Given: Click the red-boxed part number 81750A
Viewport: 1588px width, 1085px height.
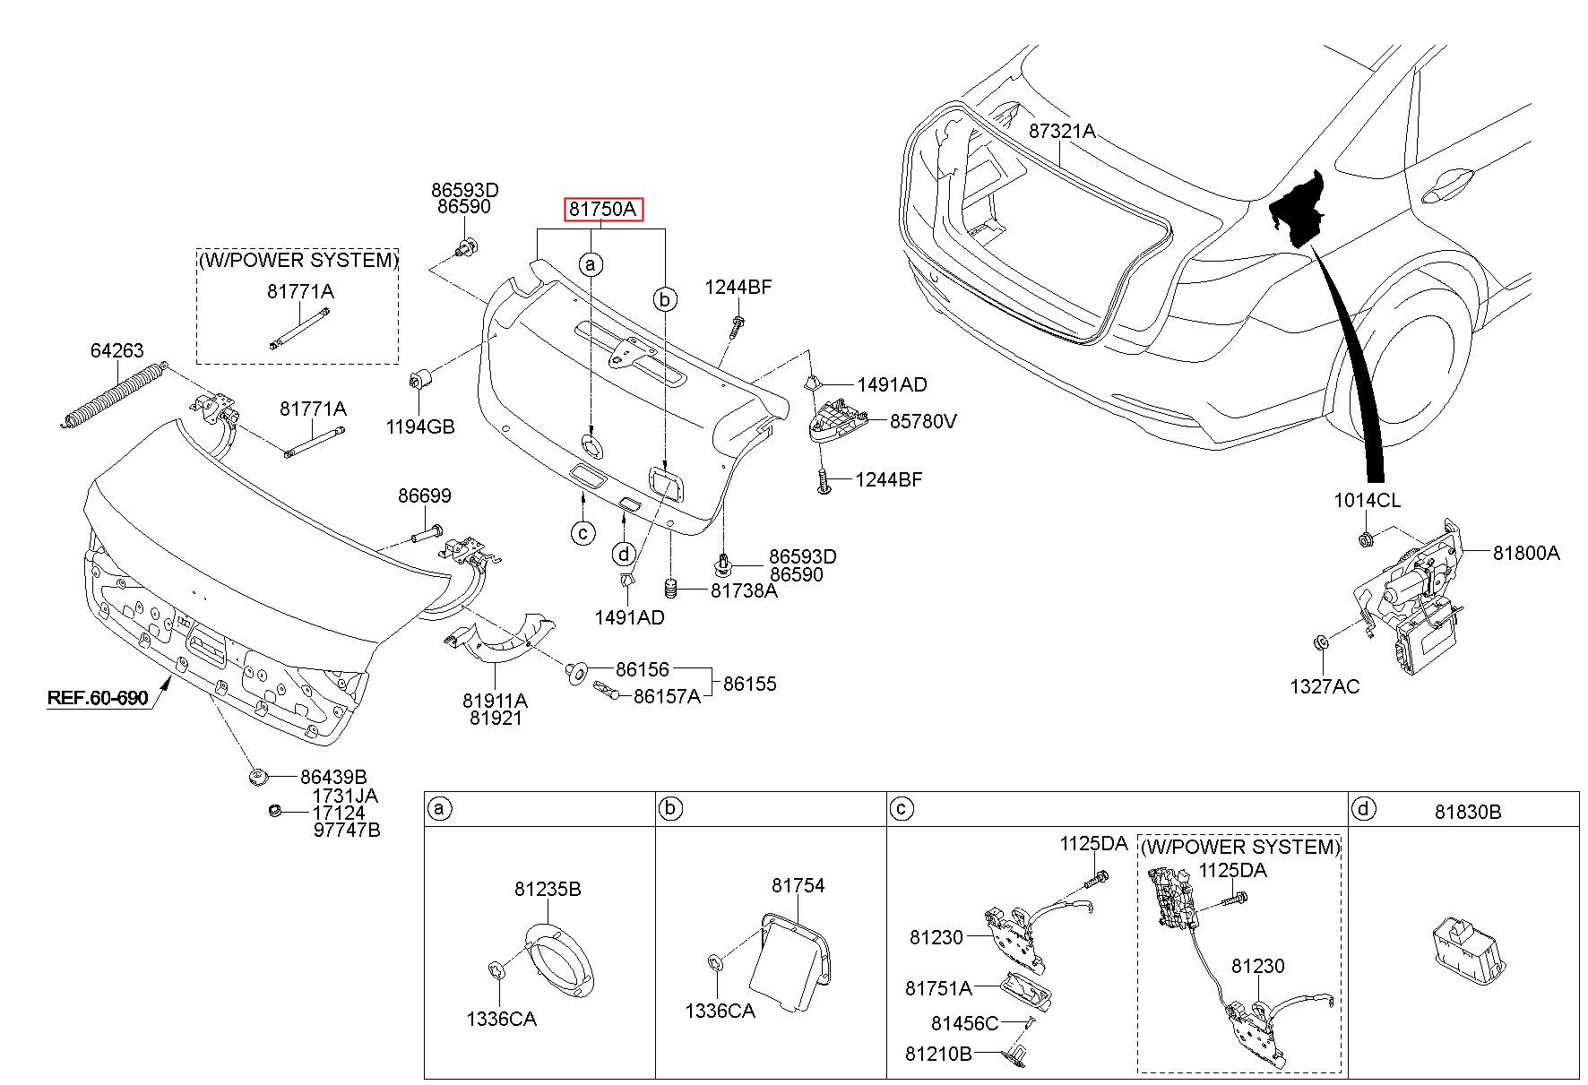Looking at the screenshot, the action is [x=603, y=210].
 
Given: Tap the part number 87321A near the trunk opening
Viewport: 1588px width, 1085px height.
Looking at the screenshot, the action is [x=1062, y=131].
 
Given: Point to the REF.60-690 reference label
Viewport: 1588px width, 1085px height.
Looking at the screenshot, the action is [x=98, y=697].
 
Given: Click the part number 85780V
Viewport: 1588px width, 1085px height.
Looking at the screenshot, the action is [x=923, y=420].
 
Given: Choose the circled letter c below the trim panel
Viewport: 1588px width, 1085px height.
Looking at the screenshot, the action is [x=582, y=533].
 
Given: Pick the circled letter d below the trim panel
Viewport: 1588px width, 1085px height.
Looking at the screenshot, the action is [x=625, y=553].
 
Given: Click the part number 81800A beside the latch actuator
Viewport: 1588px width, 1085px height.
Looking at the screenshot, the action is [x=1526, y=554].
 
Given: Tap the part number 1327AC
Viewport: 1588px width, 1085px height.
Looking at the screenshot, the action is [x=1325, y=686].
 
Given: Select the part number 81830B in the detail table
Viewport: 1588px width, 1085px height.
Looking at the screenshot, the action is [x=1468, y=812].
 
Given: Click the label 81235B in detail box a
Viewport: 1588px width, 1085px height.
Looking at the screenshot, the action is [x=548, y=889].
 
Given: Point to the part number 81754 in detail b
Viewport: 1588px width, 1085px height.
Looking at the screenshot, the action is [x=798, y=885].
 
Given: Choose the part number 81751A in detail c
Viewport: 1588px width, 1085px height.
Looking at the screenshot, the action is [x=938, y=988].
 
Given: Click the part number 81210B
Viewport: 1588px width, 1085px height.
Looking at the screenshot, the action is [x=938, y=1054].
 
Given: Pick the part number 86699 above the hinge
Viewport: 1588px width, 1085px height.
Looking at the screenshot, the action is [x=425, y=496].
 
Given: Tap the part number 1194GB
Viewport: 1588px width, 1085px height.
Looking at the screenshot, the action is [x=420, y=426].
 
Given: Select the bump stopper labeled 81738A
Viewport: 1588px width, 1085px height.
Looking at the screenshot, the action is [x=669, y=590].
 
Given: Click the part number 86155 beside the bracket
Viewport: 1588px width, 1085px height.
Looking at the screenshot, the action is [x=749, y=684].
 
